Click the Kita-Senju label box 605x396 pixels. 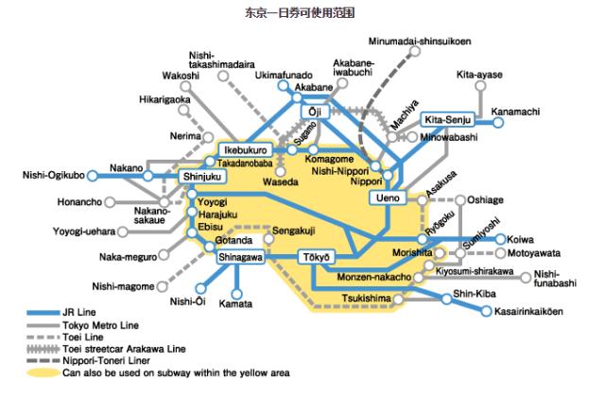click(x=445, y=120)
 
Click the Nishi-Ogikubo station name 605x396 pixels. click(x=54, y=175)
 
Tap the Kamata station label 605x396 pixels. click(x=235, y=303)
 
